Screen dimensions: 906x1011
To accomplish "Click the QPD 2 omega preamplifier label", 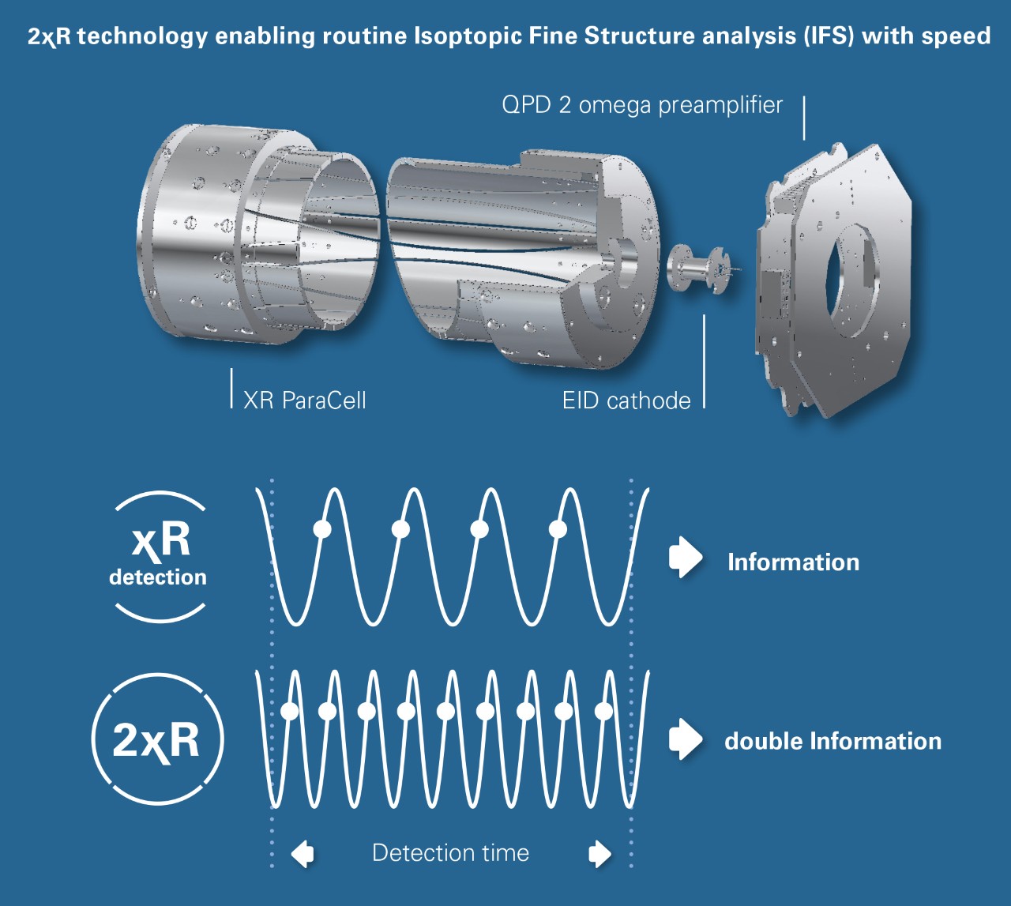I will point(642,105).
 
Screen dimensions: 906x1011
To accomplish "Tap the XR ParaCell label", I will point(304,400).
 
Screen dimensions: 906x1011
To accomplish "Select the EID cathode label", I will point(626,400).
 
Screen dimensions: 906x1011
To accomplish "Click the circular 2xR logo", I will point(158,739).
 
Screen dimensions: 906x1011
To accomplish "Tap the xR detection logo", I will point(159,556).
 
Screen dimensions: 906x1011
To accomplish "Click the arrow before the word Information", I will point(685,558).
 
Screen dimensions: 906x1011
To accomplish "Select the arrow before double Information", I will point(685,739).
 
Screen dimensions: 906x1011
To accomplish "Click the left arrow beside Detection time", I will point(303,853).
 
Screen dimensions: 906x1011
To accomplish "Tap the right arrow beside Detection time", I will point(600,853).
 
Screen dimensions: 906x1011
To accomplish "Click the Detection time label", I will point(450,853).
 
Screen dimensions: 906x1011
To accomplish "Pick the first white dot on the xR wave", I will point(321,528).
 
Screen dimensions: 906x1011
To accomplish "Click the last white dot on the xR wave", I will point(558,528).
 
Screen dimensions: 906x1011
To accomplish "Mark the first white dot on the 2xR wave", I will point(290,711).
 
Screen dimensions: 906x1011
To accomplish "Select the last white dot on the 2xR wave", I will point(603,711).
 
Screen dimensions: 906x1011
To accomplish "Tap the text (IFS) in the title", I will point(829,36).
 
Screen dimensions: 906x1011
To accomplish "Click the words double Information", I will point(832,741).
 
